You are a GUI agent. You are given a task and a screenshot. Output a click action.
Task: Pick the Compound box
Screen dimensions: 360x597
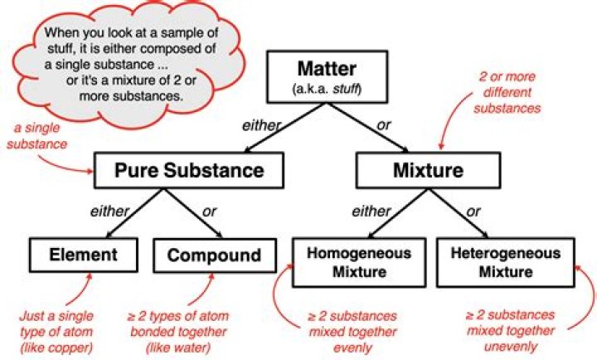[x=214, y=255]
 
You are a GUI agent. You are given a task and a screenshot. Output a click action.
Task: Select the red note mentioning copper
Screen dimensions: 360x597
[x=59, y=330]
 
